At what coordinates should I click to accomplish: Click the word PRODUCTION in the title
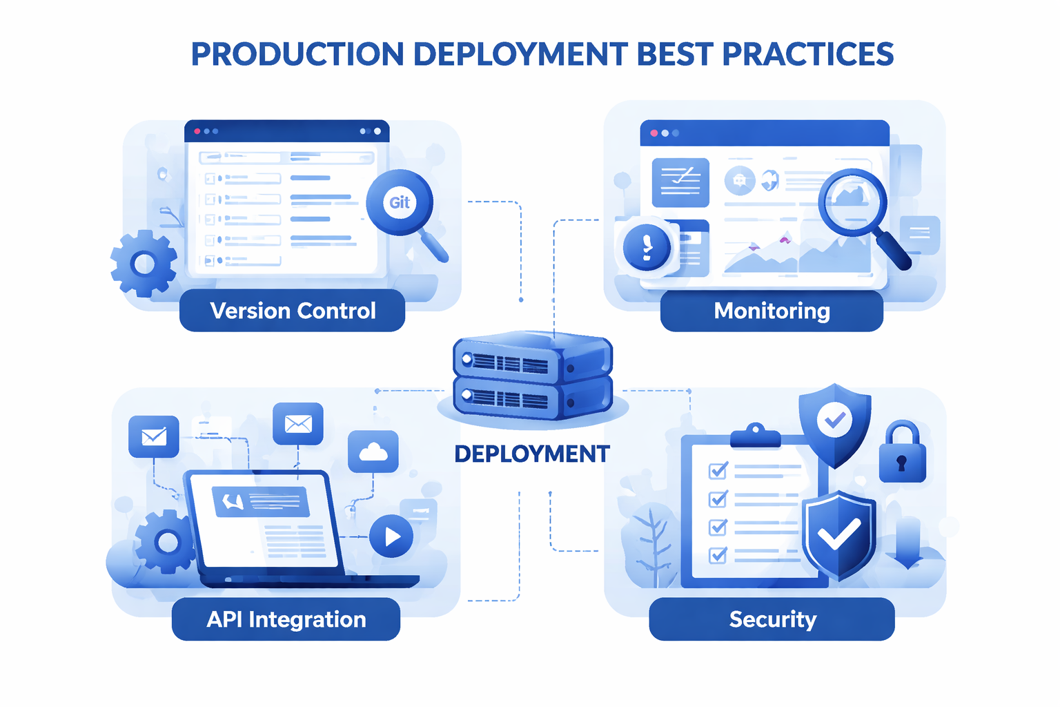[x=297, y=55]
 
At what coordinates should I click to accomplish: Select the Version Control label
[x=293, y=311]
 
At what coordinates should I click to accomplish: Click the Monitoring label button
[x=772, y=311]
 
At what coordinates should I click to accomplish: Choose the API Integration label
[x=286, y=619]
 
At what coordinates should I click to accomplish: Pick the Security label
[x=772, y=619]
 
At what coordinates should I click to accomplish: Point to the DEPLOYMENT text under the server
[x=532, y=454]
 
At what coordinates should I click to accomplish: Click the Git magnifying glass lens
[x=400, y=202]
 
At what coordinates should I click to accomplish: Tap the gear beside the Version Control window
[x=144, y=263]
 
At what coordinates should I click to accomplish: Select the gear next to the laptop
[x=166, y=541]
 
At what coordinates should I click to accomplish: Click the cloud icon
[x=373, y=452]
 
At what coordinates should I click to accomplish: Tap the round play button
[x=391, y=536]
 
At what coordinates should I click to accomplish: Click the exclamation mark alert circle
[x=647, y=247]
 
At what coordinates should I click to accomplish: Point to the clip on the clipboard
[x=755, y=435]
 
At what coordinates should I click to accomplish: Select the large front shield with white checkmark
[x=838, y=534]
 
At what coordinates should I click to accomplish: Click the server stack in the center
[x=532, y=376]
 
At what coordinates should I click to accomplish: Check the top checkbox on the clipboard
[x=718, y=471]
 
